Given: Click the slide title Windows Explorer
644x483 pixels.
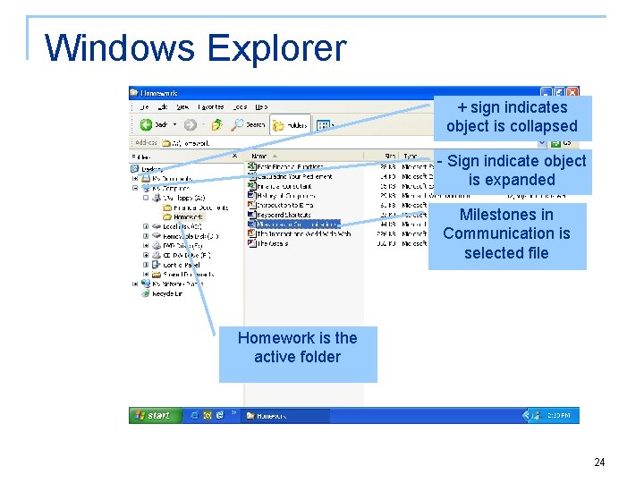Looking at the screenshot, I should [195, 47].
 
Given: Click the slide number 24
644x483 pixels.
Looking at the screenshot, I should [599, 462].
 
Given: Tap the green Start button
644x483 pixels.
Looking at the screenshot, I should [154, 415].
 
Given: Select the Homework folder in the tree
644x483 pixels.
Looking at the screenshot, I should [188, 216].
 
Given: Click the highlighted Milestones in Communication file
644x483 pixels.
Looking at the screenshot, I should [298, 225].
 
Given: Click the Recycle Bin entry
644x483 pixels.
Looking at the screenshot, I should [167, 293].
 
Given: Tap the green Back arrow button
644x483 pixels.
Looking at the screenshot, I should [154, 125].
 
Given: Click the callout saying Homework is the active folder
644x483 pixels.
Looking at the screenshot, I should [297, 348].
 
